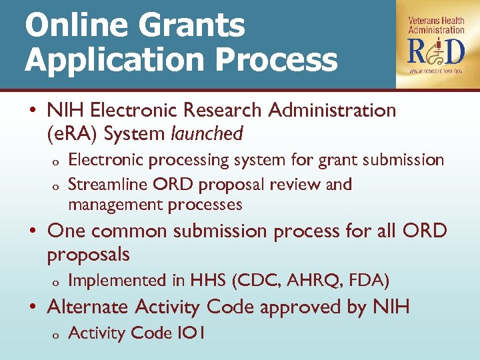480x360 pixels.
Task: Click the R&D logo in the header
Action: [x=435, y=50]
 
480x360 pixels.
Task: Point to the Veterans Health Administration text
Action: [x=436, y=25]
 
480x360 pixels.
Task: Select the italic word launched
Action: [x=207, y=134]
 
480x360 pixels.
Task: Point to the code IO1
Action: [x=191, y=332]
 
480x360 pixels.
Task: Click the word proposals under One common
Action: [x=88, y=255]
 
